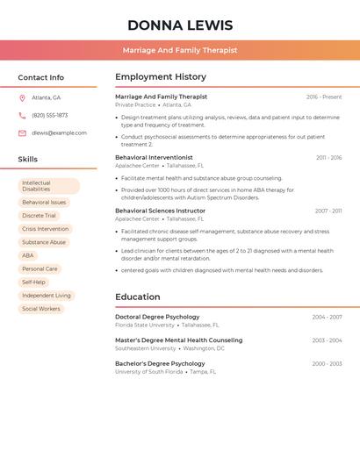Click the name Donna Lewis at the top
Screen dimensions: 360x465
click(180, 25)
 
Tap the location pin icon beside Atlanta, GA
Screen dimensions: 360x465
click(22, 97)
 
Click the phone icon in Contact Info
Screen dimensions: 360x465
click(22, 115)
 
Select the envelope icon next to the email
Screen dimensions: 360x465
click(22, 132)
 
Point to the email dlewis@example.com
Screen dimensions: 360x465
click(59, 132)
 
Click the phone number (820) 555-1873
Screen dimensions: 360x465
click(49, 115)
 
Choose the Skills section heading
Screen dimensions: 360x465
click(28, 159)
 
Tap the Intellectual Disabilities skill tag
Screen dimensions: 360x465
click(48, 186)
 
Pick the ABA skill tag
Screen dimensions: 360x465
click(28, 255)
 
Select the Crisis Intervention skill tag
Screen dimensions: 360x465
click(46, 229)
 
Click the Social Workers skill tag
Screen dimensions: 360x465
click(41, 309)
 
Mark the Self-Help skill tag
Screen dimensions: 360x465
click(33, 283)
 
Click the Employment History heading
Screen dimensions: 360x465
click(161, 77)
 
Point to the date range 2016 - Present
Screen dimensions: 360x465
click(324, 97)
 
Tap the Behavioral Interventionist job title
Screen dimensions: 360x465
click(154, 157)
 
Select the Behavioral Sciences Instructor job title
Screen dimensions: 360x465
click(160, 211)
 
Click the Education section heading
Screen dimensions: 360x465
click(138, 297)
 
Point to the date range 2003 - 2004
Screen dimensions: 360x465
click(327, 340)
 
